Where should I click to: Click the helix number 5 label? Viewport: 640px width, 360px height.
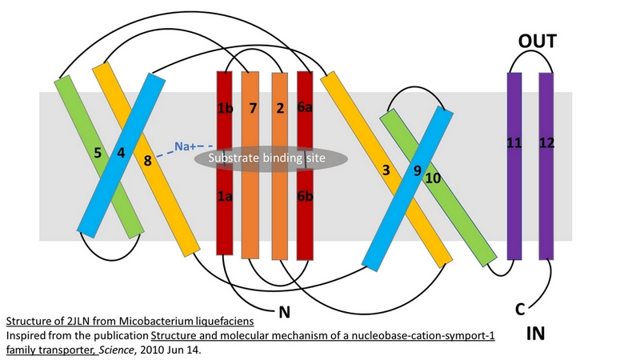point(98,151)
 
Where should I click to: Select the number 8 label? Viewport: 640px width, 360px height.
point(147,162)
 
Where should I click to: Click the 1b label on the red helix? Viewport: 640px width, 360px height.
point(224,108)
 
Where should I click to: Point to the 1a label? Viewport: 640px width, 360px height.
point(224,194)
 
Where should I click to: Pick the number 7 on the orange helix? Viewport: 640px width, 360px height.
point(252,108)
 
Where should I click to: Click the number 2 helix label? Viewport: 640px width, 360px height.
point(280,108)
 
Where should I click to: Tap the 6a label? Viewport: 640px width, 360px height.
point(305,108)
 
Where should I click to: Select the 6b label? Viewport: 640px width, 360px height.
point(305,194)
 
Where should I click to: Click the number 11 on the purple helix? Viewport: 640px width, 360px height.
point(514,143)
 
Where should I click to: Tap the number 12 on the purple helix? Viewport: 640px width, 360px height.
point(547,143)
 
